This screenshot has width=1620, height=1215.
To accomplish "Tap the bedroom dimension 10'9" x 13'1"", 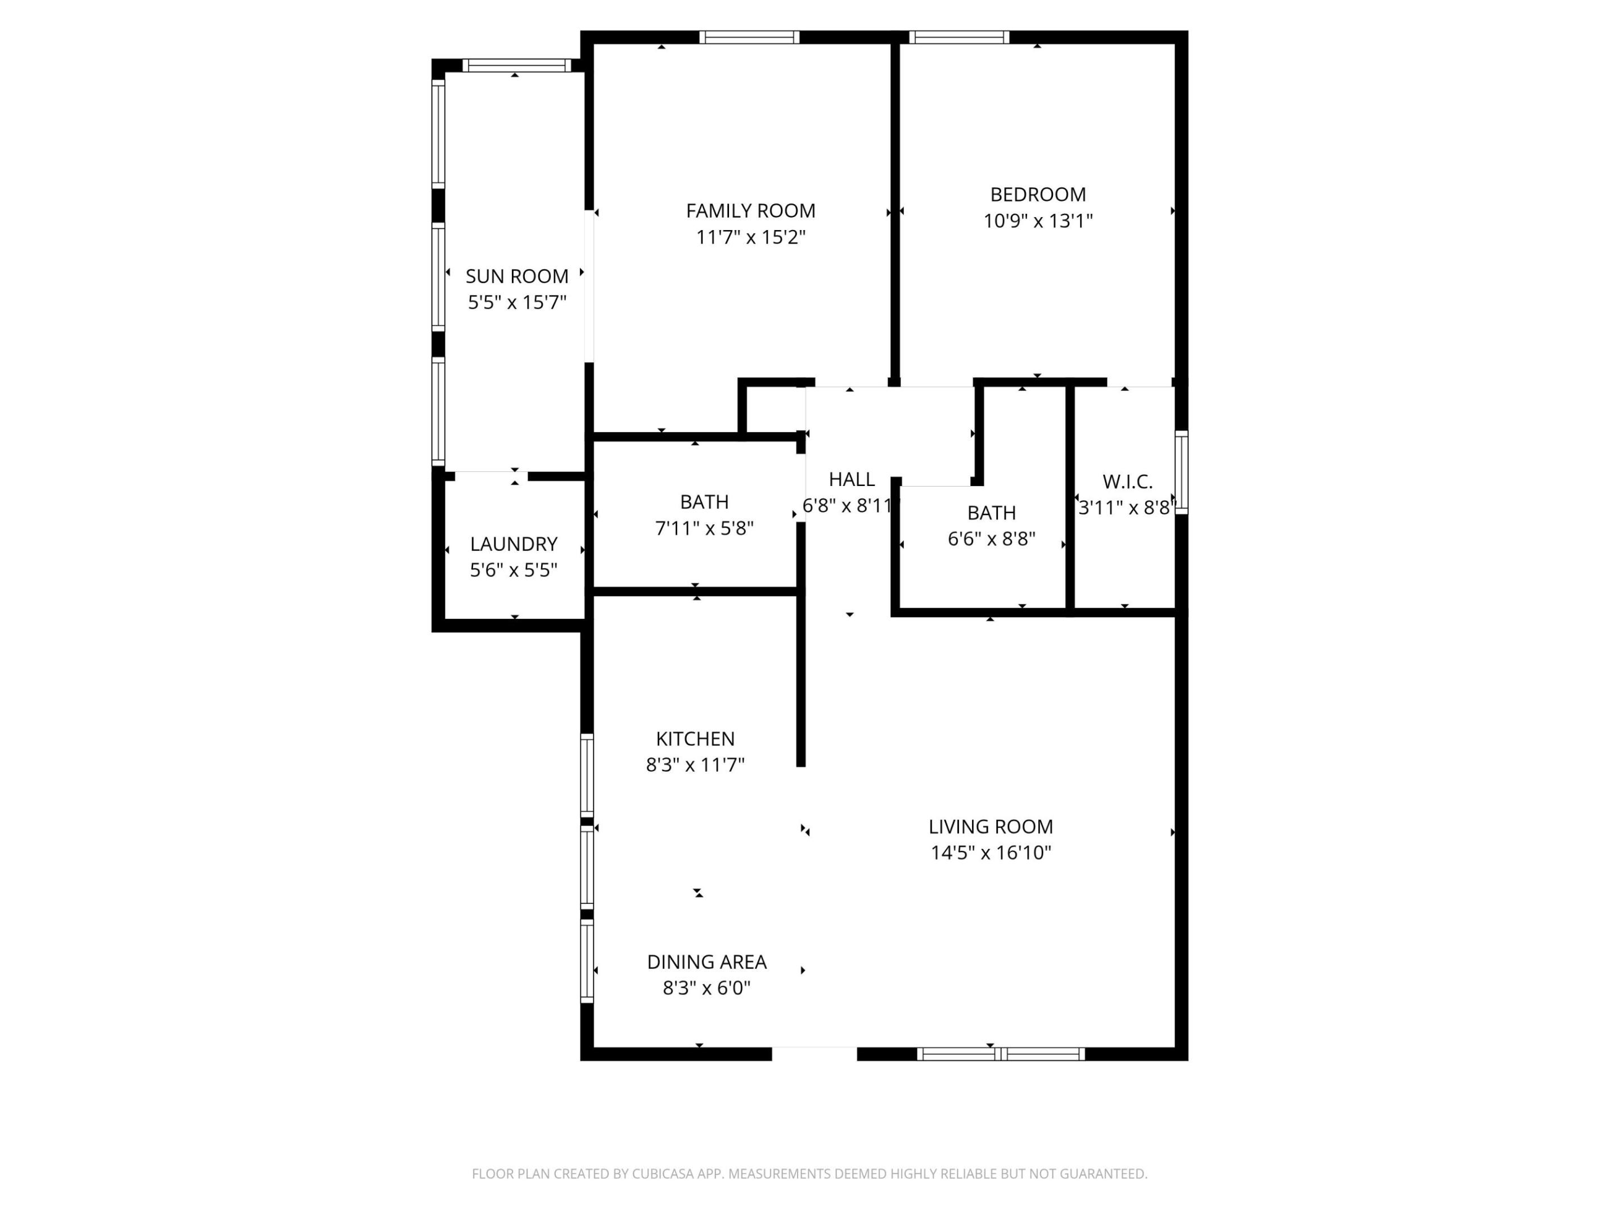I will [x=1037, y=221].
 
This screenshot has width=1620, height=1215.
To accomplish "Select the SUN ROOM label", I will [x=516, y=276].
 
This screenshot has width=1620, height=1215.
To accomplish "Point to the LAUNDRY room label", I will [x=514, y=544].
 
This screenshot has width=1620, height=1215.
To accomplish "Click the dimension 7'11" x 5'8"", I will [x=704, y=528].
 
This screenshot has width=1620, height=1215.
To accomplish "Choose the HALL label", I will [x=851, y=480].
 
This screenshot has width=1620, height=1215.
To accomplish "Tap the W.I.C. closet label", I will [x=1127, y=482].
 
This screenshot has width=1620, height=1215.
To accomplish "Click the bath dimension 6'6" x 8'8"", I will [x=991, y=539].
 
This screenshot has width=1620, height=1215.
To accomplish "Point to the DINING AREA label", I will [x=706, y=962].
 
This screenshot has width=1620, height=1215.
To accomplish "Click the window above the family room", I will [x=749, y=37].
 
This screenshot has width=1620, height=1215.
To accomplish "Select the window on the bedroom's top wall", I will [x=958, y=37].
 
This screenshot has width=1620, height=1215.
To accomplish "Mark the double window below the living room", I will [x=1001, y=1054].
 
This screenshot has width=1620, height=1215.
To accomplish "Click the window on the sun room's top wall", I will [x=516, y=65].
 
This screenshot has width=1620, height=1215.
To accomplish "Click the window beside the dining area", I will [x=587, y=960].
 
